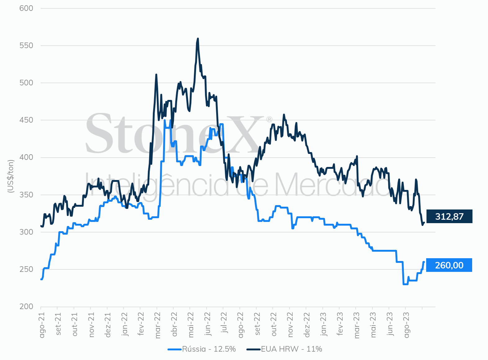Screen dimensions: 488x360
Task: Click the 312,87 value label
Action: (449, 216)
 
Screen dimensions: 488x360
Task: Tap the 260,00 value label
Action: (449, 265)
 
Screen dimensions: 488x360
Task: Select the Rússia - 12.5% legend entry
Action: (202, 349)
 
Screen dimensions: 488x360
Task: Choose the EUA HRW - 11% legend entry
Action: (284, 349)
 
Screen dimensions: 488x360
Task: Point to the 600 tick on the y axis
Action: (26, 8)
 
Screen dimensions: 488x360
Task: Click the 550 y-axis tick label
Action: (26, 46)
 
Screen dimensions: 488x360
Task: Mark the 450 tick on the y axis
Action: (26, 120)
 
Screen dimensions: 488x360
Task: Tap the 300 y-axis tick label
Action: (26, 232)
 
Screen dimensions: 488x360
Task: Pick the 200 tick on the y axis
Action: (26, 307)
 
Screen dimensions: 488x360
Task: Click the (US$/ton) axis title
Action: (11, 176)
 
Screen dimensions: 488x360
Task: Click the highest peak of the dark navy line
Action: (198, 39)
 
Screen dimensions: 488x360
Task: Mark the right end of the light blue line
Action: (424, 262)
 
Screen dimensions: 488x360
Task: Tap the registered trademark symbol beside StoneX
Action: (269, 119)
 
